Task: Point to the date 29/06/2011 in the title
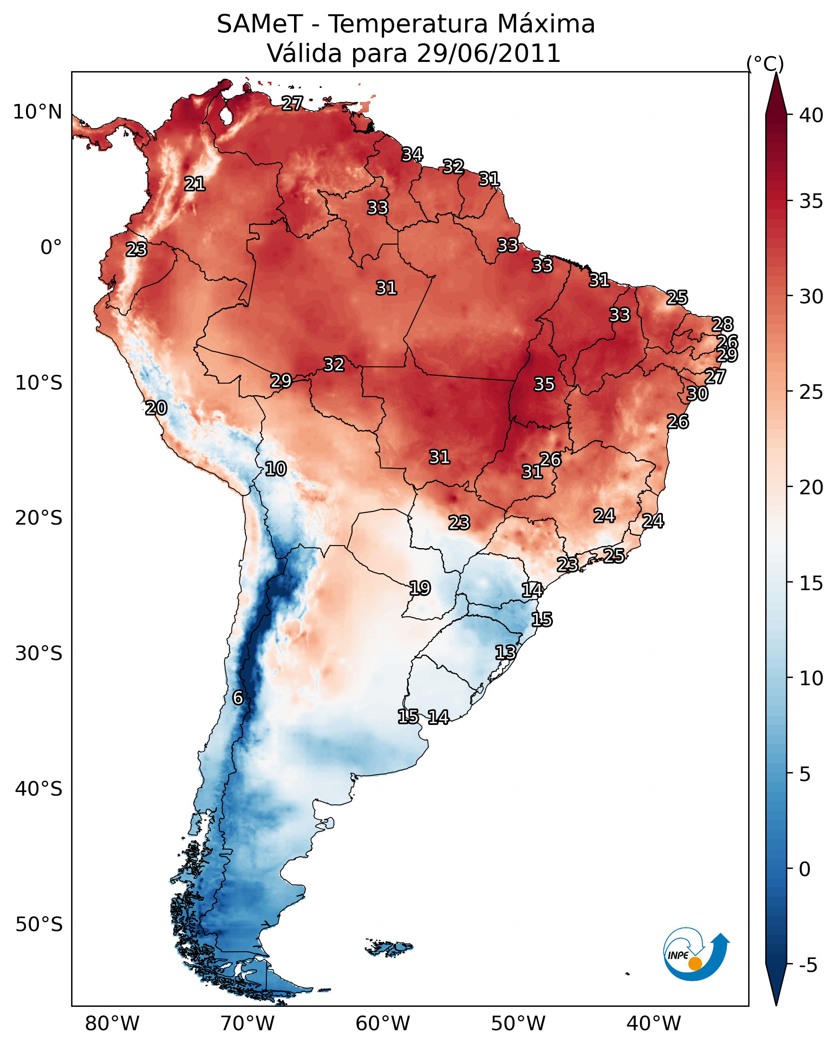tap(488, 53)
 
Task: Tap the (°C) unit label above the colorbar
tap(765, 64)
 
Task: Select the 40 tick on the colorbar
tap(811, 115)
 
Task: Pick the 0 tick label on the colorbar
tap(804, 869)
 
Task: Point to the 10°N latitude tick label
tap(37, 112)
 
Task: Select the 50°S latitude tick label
tap(39, 924)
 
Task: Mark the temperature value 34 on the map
tap(412, 154)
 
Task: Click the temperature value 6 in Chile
tap(238, 697)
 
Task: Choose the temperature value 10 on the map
tap(275, 469)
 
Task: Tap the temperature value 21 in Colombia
tap(195, 184)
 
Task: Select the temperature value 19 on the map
tap(420, 588)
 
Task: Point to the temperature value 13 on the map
tap(505, 652)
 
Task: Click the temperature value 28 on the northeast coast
tap(722, 324)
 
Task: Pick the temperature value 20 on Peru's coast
tap(156, 408)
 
